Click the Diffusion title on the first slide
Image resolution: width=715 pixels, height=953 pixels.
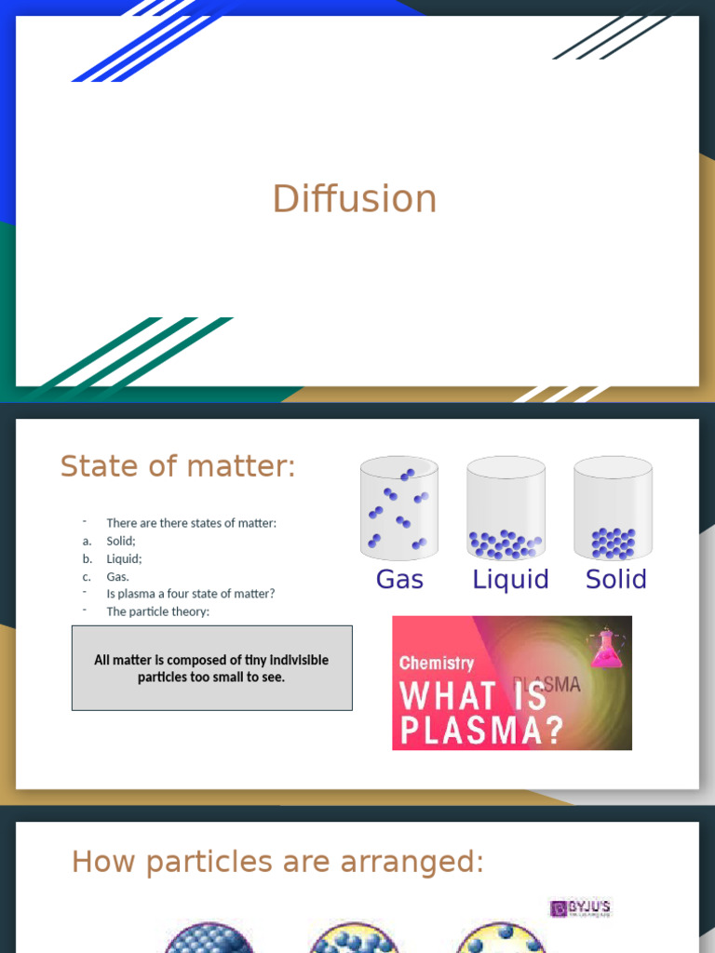(x=355, y=199)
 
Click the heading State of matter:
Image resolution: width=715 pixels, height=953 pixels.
(x=178, y=466)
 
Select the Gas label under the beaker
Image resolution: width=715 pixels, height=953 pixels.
(x=399, y=579)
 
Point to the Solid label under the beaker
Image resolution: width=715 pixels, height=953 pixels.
(x=615, y=579)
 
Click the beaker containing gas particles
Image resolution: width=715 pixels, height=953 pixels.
(x=399, y=508)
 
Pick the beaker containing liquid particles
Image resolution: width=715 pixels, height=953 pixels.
(x=506, y=508)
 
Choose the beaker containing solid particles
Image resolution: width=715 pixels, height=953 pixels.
(x=614, y=508)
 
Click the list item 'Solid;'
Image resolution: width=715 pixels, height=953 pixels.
(x=121, y=541)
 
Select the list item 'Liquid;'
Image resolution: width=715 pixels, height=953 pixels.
(x=124, y=558)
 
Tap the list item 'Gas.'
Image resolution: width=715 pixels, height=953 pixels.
(x=117, y=576)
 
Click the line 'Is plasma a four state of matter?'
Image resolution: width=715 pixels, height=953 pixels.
(x=190, y=594)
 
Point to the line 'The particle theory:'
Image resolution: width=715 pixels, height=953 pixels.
(x=157, y=611)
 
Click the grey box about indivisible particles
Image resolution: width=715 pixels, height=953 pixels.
(x=211, y=668)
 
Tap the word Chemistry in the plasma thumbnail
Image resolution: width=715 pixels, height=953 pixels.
(x=436, y=664)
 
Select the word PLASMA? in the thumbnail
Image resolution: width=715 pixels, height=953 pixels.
(x=481, y=731)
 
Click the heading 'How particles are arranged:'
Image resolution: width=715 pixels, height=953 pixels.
(x=277, y=862)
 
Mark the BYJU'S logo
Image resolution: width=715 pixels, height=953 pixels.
(x=581, y=908)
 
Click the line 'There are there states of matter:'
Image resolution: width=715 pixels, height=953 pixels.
(x=191, y=523)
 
